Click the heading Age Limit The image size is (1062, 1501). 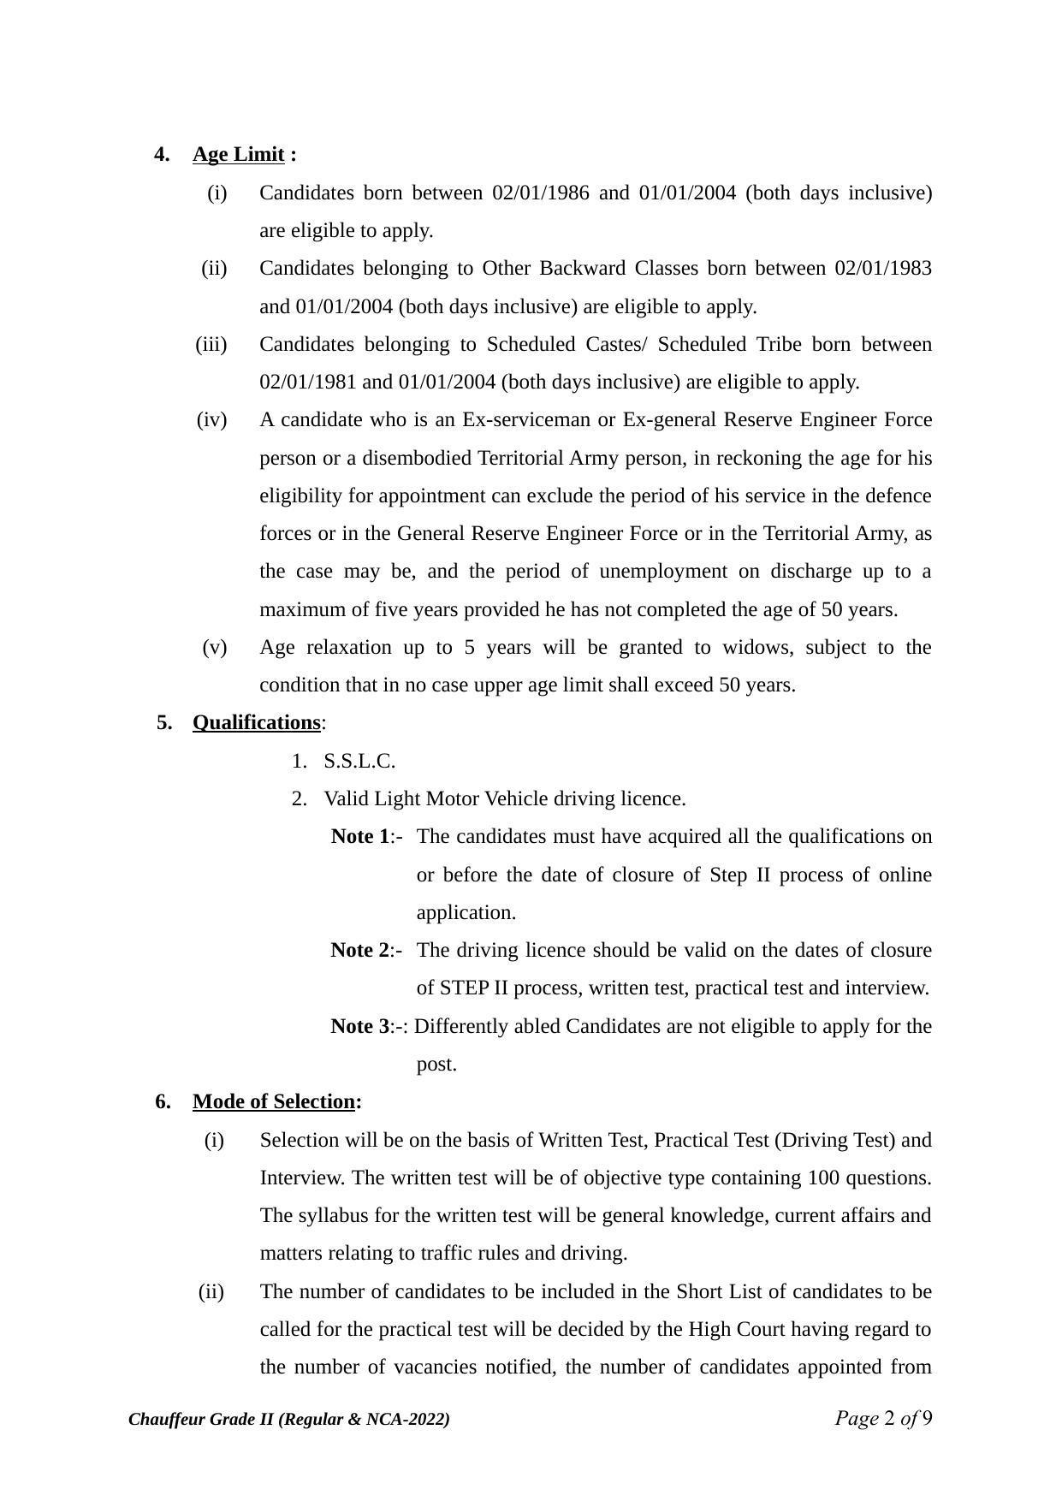pos(238,155)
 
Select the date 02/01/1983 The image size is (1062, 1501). pos(883,269)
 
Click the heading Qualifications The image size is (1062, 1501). pos(256,723)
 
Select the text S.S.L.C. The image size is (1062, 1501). pos(359,762)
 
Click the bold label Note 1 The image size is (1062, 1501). pos(360,837)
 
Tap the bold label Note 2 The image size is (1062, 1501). pos(360,951)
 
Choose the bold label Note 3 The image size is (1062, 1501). pos(360,1027)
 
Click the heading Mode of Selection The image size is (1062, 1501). pos(273,1102)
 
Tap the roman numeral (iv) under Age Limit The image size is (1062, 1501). pos(212,420)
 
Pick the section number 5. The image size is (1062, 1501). pos(163,723)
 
